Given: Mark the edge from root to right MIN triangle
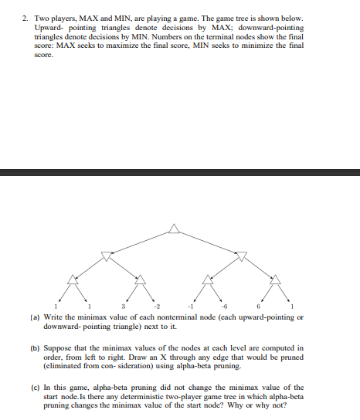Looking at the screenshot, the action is (x=209, y=242).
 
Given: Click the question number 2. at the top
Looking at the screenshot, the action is (x=25, y=17).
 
